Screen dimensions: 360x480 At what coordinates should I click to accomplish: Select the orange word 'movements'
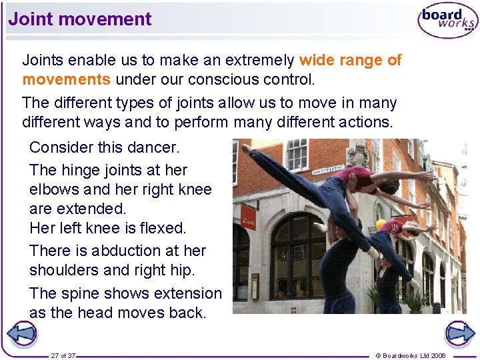[x=66, y=80]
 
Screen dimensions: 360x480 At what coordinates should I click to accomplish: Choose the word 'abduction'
[x=127, y=251]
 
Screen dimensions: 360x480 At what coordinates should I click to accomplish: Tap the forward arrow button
[x=459, y=333]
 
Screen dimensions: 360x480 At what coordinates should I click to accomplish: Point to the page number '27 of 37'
[x=63, y=355]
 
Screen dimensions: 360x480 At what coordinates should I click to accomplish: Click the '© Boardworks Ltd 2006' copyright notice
[x=411, y=355]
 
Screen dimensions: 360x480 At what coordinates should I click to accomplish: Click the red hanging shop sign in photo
[x=248, y=217]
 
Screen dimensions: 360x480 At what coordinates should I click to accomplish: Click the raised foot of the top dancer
[x=245, y=149]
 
